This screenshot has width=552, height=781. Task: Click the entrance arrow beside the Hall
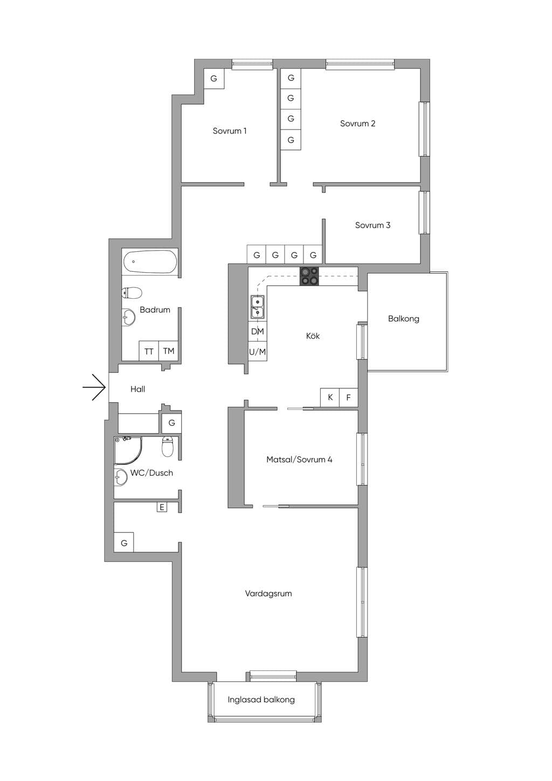coord(94,387)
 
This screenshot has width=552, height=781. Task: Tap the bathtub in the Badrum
coord(150,262)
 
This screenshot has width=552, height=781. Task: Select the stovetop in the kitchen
coord(309,276)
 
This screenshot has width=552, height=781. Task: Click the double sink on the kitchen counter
coord(258,307)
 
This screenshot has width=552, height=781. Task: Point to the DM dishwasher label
coord(258,331)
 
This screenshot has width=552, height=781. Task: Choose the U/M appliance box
coord(258,352)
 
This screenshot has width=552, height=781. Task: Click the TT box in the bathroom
coord(149,351)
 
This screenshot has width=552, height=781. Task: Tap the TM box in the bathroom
coord(169,351)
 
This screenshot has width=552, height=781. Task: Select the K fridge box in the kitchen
coord(330,397)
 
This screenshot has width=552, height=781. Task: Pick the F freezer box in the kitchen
coord(348,397)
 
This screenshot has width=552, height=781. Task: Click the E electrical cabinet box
coord(162,507)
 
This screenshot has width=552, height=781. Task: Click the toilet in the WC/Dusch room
coord(168,447)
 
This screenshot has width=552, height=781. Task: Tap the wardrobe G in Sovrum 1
coord(213,79)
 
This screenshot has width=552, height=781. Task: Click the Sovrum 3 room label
coord(372,225)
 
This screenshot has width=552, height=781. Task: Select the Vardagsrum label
coord(268,593)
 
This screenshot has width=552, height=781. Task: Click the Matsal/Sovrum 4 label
coord(299,460)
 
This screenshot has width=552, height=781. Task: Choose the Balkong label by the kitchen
coord(404,319)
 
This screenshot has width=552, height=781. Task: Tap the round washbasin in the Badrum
coord(129,317)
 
